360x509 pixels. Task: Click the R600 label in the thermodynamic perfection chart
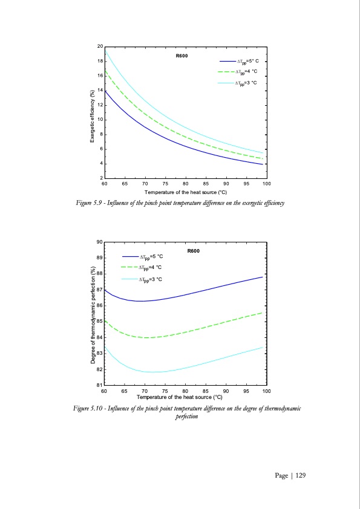194,250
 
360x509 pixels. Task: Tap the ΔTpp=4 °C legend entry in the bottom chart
150,267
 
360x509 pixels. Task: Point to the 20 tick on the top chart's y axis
99,47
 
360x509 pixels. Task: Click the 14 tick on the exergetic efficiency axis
99,90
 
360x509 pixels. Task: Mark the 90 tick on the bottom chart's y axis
99,242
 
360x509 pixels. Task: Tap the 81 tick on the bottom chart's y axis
99,384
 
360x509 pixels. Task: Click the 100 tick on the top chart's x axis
266,183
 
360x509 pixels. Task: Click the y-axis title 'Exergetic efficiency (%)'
91,111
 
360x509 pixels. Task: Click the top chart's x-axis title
185,191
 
